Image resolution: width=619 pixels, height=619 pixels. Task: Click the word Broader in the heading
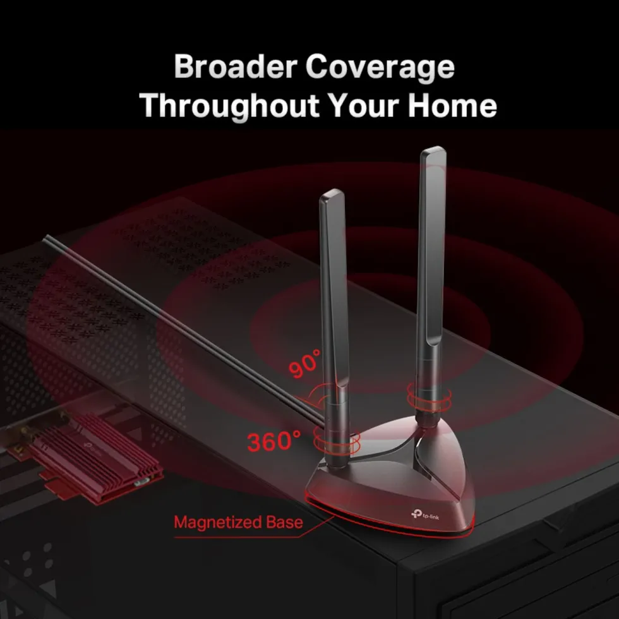pos(235,66)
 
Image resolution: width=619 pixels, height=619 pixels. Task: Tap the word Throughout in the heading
pos(229,105)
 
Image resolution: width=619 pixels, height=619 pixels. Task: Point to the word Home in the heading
pos(452,105)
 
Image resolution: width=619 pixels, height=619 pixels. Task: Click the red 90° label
pos(304,364)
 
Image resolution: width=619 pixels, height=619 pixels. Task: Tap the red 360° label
pos(273,441)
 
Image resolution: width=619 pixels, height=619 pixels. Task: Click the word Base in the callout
pos(285,522)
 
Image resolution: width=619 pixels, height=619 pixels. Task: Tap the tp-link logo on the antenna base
pos(425,515)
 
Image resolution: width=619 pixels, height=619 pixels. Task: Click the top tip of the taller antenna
pos(433,148)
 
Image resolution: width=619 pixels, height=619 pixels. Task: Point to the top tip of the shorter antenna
pos(332,190)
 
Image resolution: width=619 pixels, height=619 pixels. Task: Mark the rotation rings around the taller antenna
pos(429,397)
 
